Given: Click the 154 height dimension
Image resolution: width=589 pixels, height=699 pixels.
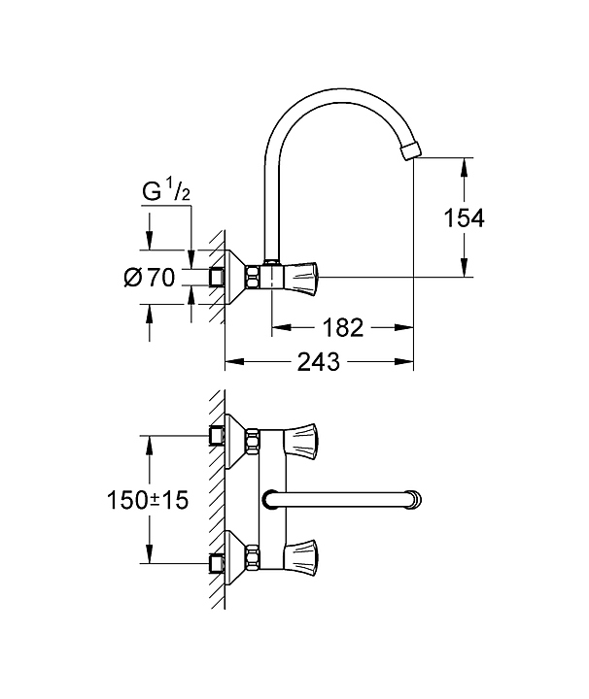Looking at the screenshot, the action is pyautogui.click(x=464, y=218).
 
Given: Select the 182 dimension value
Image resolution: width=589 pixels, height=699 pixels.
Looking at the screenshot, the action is pyautogui.click(x=343, y=328).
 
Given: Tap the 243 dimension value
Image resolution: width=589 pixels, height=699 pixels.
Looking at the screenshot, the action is pyautogui.click(x=319, y=361).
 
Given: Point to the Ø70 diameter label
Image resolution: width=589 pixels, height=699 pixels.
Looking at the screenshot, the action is pyautogui.click(x=150, y=278).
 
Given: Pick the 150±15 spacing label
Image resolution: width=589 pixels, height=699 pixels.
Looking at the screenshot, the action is pyautogui.click(x=148, y=500).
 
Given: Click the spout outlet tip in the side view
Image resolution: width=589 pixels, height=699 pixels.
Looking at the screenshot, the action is pyautogui.click(x=411, y=150).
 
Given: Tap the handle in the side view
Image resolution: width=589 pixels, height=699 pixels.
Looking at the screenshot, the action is pyautogui.click(x=300, y=277).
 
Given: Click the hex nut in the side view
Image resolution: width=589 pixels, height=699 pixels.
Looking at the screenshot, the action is pyautogui.click(x=253, y=277).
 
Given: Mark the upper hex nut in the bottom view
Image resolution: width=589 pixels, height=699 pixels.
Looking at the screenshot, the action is pyautogui.click(x=253, y=441).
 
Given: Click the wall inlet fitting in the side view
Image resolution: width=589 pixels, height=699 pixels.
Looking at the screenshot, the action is pyautogui.click(x=217, y=277).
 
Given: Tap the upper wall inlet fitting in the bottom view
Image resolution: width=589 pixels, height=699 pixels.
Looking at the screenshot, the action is pyautogui.click(x=217, y=435).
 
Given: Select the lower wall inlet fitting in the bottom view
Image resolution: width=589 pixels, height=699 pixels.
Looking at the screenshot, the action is pyautogui.click(x=217, y=563).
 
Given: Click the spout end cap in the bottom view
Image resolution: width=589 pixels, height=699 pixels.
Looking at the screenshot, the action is pyautogui.click(x=416, y=499).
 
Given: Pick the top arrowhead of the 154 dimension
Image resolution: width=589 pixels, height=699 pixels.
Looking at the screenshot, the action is pyautogui.click(x=464, y=168).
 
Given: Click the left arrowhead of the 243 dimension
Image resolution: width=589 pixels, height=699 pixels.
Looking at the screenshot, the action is pyautogui.click(x=234, y=361).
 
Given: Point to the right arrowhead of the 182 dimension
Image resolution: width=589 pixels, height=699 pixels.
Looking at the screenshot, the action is pyautogui.click(x=403, y=328).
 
